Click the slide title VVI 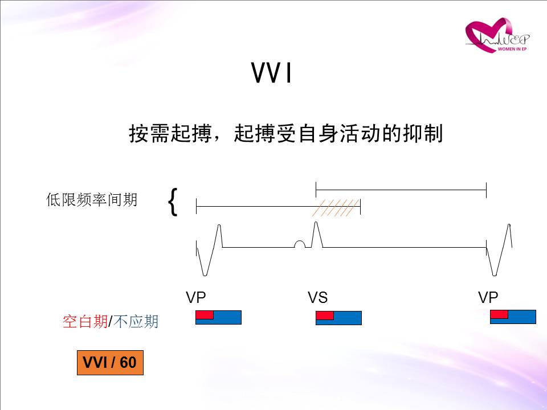click(x=271, y=73)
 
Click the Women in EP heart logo click(x=497, y=35)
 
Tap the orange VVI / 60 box click(x=110, y=363)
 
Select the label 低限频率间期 click(x=91, y=200)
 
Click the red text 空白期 click(x=85, y=321)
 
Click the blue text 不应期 click(x=136, y=321)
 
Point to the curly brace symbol click(x=173, y=202)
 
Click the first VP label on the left click(x=195, y=297)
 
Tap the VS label click(x=317, y=297)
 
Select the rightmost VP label click(x=488, y=297)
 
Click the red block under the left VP click(x=205, y=315)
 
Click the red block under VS click(x=325, y=315)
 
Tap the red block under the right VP click(x=499, y=314)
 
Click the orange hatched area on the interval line click(x=336, y=208)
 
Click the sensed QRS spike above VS click(x=316, y=233)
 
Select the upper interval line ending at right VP click(x=401, y=190)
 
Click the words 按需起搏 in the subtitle click(x=170, y=133)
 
